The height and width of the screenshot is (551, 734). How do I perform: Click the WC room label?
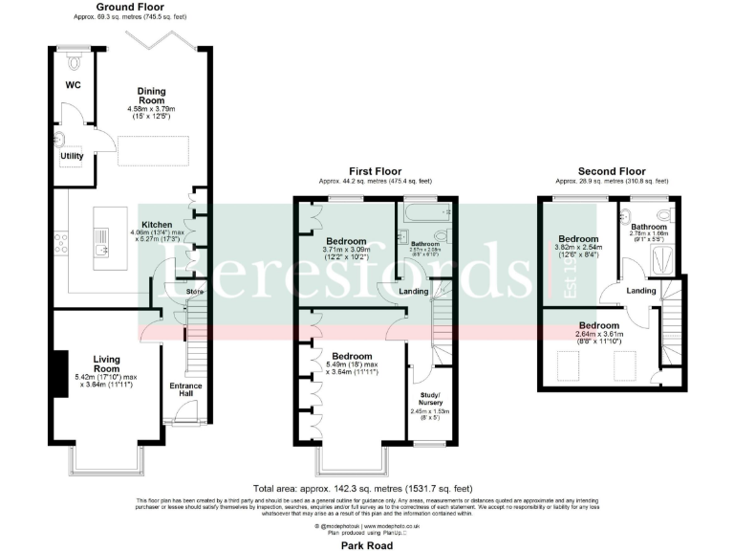[x=73, y=85]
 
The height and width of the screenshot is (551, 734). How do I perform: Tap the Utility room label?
[x=73, y=155]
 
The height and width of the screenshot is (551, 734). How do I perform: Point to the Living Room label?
[x=106, y=363]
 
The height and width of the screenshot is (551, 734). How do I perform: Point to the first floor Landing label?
[x=413, y=291]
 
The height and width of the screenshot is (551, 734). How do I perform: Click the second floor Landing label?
[x=640, y=290]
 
